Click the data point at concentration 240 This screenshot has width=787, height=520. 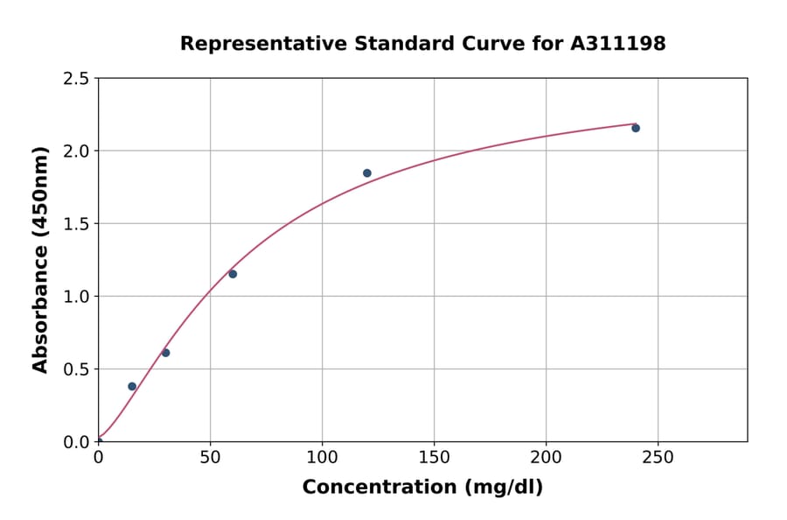636,129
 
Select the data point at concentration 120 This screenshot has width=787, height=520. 367,173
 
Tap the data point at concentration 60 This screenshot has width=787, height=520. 233,274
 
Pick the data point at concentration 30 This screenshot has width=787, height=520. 165,353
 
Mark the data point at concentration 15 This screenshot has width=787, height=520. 132,386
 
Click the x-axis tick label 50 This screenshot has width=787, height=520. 210,457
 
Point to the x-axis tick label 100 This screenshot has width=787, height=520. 322,457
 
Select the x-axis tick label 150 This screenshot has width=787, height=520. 434,457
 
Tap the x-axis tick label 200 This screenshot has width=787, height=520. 546,457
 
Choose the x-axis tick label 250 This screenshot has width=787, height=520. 658,457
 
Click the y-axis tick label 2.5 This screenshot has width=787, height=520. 76,79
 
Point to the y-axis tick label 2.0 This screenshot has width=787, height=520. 76,151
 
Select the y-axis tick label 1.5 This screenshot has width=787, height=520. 76,224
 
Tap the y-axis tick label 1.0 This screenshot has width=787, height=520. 76,297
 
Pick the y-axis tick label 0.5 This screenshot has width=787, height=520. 76,369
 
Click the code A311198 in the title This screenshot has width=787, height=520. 618,44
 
